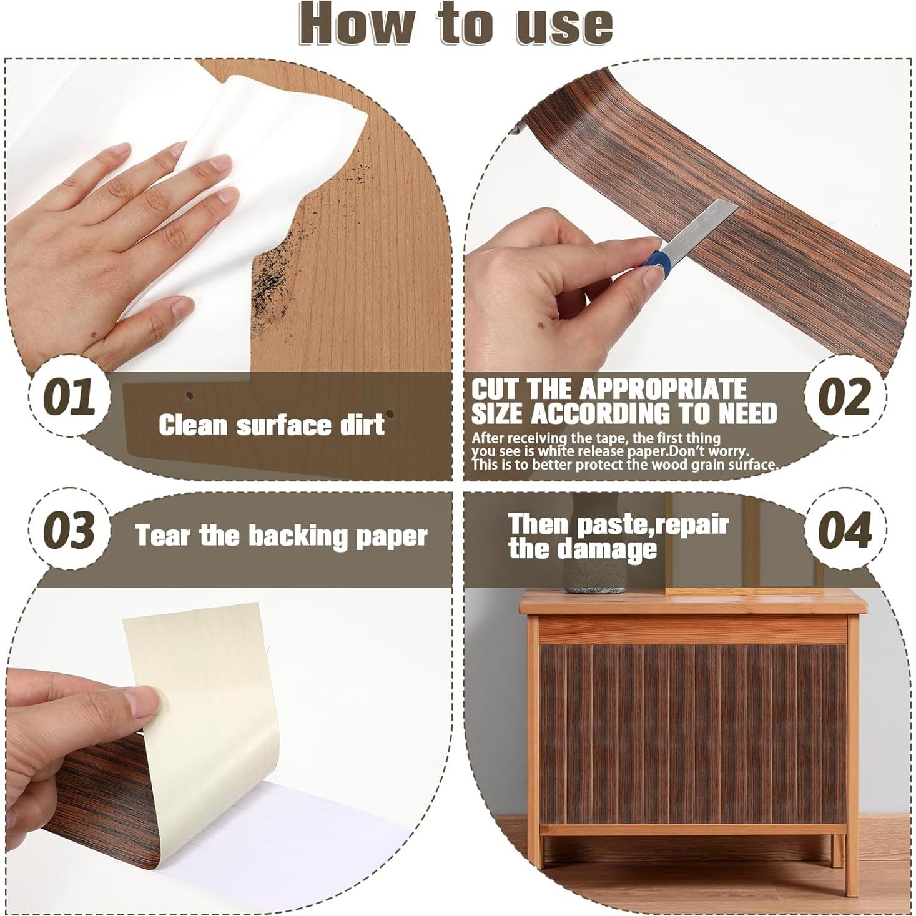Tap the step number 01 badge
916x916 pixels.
[69, 396]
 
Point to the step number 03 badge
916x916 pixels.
[69, 529]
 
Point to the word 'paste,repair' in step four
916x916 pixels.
[653, 525]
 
